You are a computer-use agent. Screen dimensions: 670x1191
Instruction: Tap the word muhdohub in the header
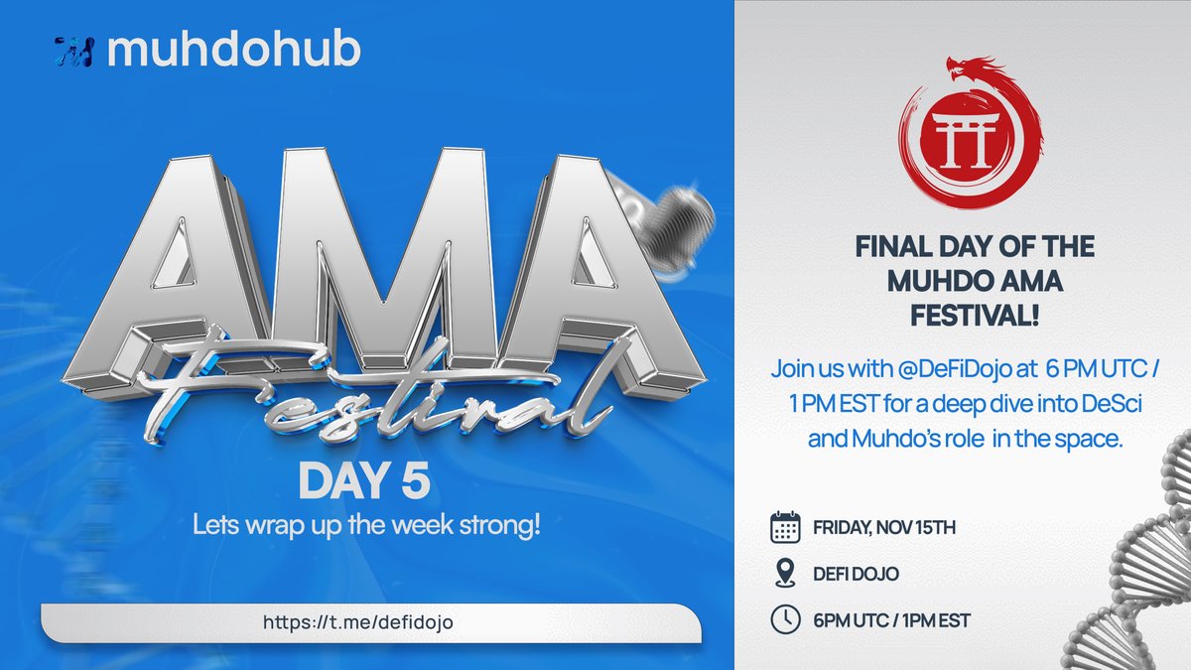point(233,52)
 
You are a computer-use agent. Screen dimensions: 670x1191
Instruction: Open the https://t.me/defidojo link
point(364,622)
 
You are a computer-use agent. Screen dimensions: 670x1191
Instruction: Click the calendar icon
point(786,527)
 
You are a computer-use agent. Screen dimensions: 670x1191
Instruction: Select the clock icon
point(786,620)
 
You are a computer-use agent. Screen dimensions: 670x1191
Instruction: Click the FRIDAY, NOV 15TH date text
point(883,528)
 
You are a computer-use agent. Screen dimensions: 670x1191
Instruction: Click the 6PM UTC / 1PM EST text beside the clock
point(890,621)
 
